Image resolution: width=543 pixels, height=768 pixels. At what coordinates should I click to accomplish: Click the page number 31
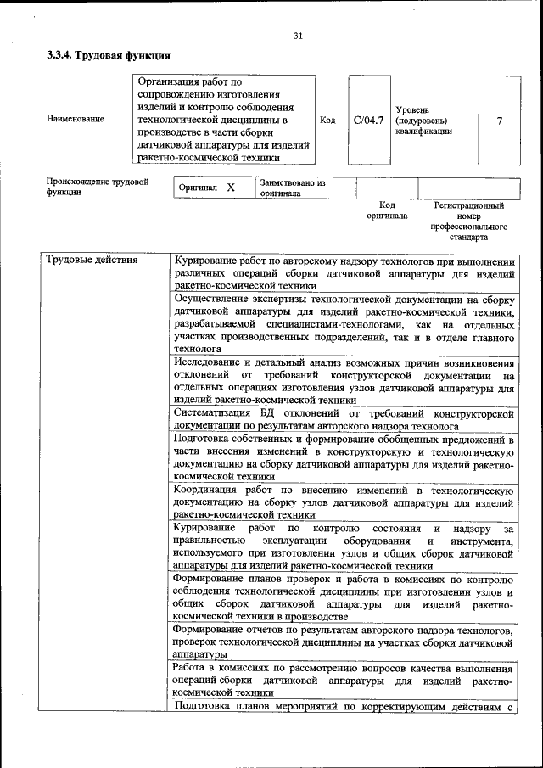click(x=298, y=35)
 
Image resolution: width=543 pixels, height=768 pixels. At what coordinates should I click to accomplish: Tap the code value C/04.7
click(x=368, y=120)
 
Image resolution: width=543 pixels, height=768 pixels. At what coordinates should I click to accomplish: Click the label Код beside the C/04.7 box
click(x=327, y=120)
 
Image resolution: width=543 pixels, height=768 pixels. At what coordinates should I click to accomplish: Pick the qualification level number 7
click(x=499, y=120)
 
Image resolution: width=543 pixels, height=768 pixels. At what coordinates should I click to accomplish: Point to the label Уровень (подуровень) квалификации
click(x=423, y=121)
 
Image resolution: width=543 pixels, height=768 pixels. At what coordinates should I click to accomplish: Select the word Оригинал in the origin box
click(x=199, y=188)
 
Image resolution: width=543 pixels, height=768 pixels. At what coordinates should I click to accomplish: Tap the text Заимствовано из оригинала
click(x=293, y=188)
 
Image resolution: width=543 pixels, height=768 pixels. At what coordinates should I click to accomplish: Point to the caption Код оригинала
click(x=387, y=210)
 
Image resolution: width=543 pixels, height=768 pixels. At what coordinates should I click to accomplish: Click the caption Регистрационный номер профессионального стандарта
click(x=469, y=221)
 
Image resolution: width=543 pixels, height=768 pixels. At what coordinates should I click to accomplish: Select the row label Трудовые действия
click(x=92, y=260)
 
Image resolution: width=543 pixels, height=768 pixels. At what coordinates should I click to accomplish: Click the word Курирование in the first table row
click(x=205, y=260)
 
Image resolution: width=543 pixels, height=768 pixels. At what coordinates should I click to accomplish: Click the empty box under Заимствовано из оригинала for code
click(x=387, y=188)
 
